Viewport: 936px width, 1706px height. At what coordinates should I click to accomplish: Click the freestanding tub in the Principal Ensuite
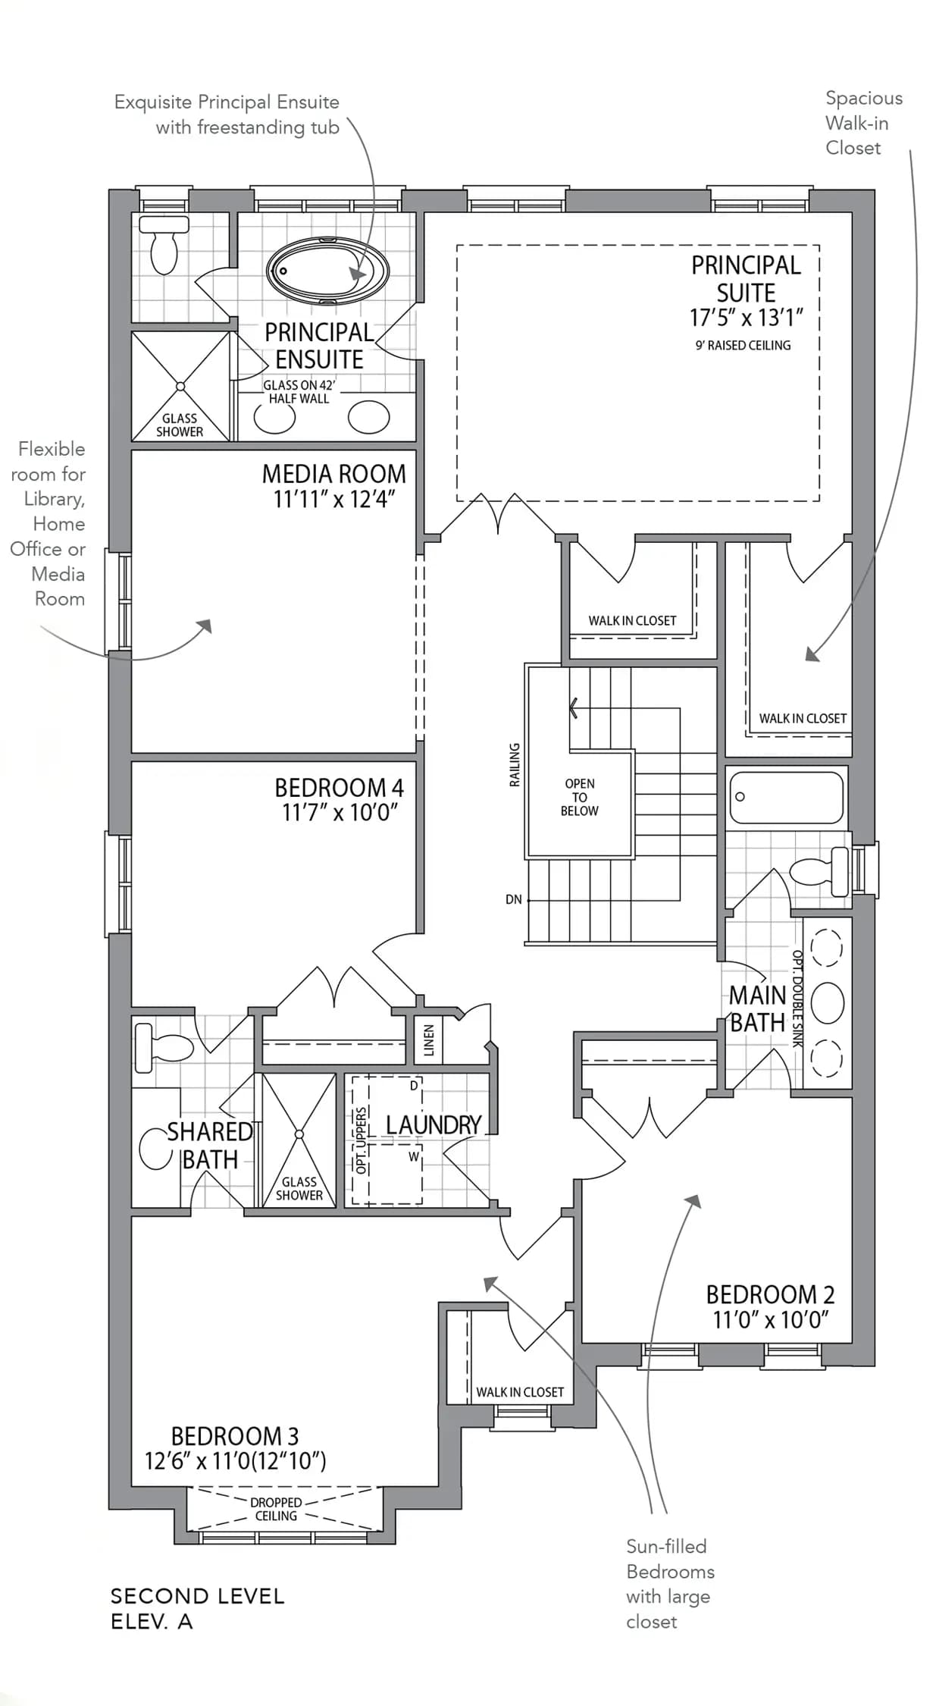(x=327, y=271)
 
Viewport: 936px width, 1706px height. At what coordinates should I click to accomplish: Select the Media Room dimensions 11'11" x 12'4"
(x=334, y=499)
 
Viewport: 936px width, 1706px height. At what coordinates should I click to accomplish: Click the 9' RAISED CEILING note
(x=743, y=345)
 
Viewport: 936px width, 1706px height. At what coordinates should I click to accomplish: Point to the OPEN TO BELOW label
(x=580, y=797)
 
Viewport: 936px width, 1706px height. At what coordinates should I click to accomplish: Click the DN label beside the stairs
(x=514, y=899)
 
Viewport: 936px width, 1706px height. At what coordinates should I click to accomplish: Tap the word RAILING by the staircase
(x=515, y=764)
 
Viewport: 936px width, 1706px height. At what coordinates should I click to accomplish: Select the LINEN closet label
(x=429, y=1040)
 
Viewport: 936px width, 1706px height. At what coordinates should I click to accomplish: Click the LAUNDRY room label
(x=434, y=1124)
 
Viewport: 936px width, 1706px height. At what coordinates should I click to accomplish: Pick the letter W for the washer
(x=414, y=1156)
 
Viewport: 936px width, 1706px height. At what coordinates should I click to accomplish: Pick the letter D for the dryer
(x=414, y=1086)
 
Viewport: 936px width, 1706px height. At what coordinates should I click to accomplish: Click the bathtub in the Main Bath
(x=787, y=797)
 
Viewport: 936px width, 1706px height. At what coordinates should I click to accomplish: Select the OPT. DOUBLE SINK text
(x=797, y=999)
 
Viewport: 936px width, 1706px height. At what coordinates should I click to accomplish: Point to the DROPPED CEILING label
(x=276, y=1509)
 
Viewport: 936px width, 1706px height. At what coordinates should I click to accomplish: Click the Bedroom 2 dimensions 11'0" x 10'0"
(x=771, y=1320)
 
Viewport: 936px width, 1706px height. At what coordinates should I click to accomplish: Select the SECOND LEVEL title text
(x=197, y=1596)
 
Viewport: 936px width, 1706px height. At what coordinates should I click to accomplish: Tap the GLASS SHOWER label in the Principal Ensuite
(x=180, y=425)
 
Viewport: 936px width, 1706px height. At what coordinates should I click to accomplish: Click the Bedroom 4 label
(x=339, y=787)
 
